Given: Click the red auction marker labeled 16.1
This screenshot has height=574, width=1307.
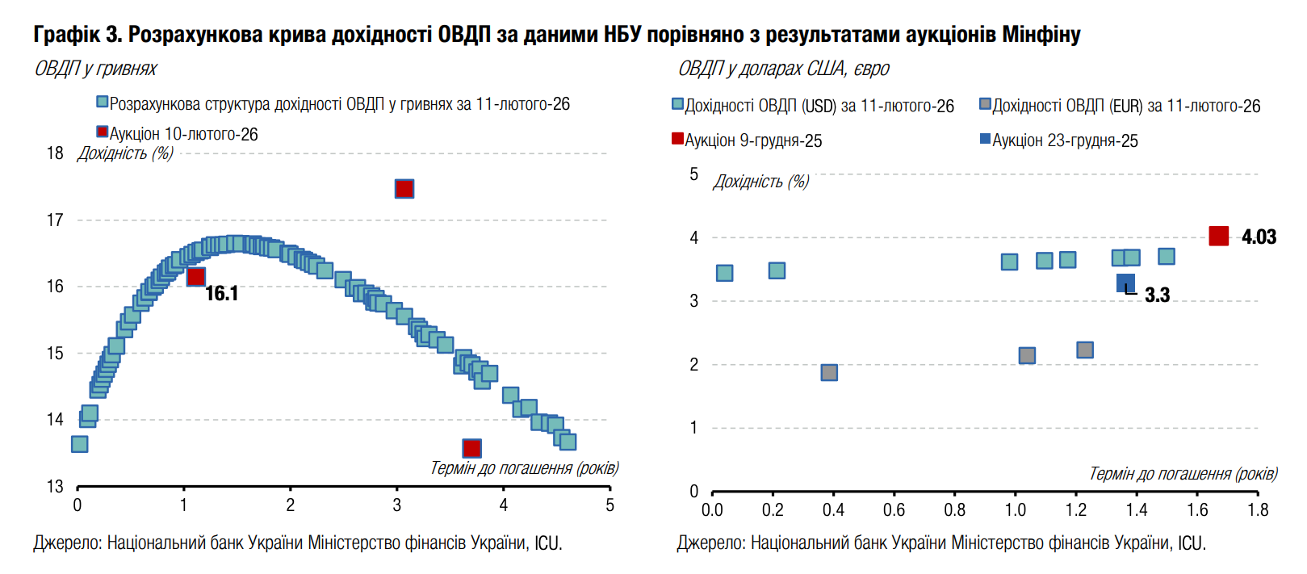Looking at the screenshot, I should (196, 277).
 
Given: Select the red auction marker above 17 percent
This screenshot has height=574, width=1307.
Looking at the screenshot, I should (404, 189).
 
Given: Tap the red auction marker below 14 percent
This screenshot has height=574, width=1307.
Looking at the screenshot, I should (472, 448).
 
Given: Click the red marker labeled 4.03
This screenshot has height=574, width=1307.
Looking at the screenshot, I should (1219, 236).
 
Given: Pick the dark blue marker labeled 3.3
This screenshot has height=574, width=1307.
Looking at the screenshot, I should (1125, 283).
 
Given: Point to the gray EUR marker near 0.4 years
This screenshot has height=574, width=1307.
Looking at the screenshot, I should (829, 372).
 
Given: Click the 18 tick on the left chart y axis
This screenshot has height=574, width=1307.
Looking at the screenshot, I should (55, 153).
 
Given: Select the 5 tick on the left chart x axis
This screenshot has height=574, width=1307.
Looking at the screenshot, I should (610, 505).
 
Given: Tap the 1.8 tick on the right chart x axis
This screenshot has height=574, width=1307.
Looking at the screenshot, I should (1258, 510).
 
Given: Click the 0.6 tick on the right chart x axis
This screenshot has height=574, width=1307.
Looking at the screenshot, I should (894, 510).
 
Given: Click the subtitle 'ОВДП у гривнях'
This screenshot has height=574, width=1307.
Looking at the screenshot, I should (95, 69).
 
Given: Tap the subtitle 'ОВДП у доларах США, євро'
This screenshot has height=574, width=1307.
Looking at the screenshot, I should (783, 69).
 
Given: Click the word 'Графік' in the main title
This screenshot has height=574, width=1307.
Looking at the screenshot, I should (67, 34).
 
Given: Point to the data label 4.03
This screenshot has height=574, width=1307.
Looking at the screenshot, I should (1259, 237).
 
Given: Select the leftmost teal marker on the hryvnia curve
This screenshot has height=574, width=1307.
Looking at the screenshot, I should (79, 444).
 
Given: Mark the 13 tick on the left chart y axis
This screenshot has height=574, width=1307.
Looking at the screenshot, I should (55, 486).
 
